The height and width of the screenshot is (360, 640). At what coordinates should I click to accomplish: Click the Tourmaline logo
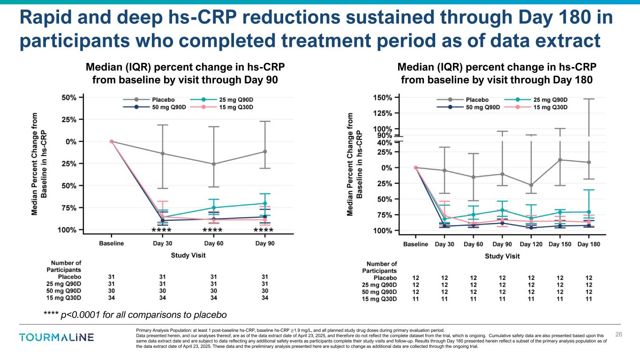coord(56,337)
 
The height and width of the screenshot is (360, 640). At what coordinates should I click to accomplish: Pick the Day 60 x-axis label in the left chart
coord(214,243)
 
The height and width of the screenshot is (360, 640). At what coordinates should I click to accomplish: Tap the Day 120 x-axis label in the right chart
coord(531,244)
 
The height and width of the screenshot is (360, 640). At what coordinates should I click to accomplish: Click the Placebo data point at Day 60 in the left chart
coord(214,164)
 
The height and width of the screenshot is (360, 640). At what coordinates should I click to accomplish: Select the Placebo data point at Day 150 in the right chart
coord(560,160)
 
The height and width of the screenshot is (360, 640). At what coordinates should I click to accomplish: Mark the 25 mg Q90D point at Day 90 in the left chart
coord(265,203)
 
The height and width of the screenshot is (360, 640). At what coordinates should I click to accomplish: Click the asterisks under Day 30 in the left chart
coord(162,231)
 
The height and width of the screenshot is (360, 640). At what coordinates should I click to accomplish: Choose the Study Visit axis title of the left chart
coord(188,255)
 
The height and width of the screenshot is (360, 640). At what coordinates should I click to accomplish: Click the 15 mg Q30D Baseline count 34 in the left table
coord(112,298)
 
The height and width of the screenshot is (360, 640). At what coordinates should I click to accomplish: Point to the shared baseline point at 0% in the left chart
coord(112,141)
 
